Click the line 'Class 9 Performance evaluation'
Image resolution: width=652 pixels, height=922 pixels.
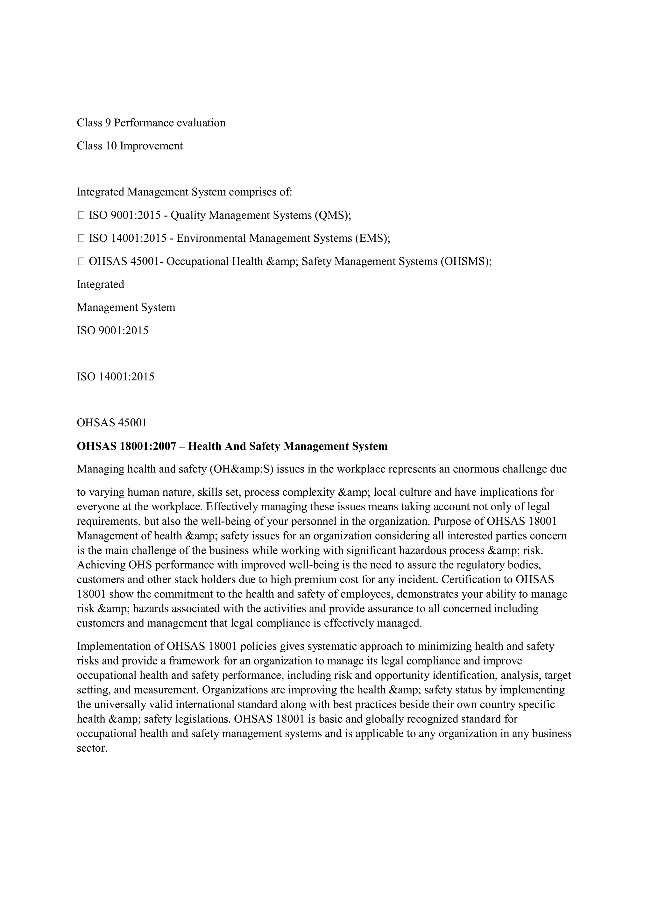151,123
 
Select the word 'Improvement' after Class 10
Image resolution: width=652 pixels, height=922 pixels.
151,146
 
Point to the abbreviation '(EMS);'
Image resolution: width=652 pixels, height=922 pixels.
372,238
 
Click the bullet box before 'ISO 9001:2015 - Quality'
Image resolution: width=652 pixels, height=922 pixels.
81,216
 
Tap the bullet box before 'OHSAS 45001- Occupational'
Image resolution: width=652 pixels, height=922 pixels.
81,262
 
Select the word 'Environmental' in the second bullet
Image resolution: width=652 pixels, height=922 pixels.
211,238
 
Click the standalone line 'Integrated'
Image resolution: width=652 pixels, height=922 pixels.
100,285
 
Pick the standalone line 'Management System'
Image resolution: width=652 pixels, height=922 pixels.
126,308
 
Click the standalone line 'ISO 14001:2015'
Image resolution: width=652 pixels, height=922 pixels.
116,377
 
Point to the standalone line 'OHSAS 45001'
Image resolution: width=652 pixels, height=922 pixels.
112,423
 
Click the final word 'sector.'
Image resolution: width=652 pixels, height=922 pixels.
92,748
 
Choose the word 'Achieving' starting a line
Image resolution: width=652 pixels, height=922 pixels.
101,565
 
